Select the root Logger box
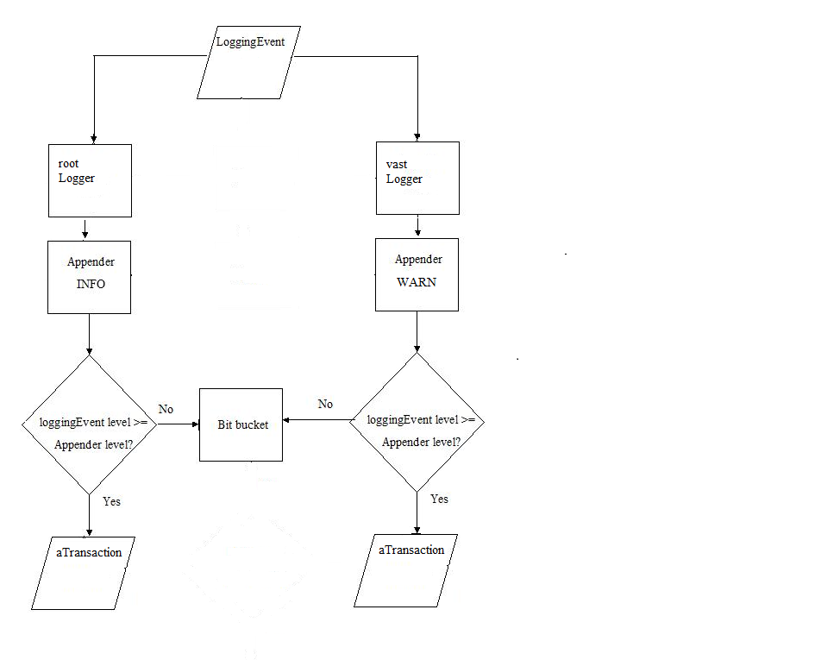coord(90,180)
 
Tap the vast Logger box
coord(417,179)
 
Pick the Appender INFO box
coord(89,277)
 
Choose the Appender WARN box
coord(417,274)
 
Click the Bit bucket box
coord(241,424)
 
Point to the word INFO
coord(91,284)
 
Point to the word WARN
coord(417,282)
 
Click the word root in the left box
coord(68,164)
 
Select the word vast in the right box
coord(397,164)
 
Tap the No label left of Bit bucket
coord(166,409)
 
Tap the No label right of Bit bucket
coord(325,404)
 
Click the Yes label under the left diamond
coord(111,501)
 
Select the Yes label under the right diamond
coord(439,499)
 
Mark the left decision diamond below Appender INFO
coord(89,424)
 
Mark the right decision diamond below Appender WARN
coord(417,421)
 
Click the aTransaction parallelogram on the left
coord(84,573)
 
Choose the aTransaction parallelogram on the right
coord(405,570)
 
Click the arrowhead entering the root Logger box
coord(93,140)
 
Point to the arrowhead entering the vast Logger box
coord(417,137)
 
